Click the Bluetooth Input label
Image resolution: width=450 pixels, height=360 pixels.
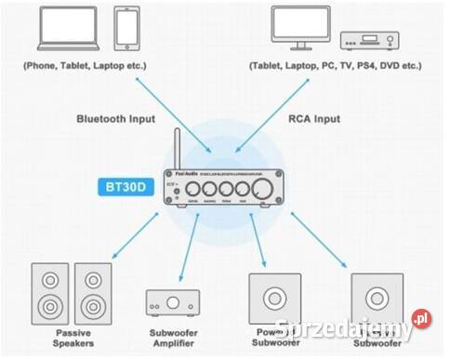pos(115,119)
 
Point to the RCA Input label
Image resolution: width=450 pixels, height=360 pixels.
pos(314,119)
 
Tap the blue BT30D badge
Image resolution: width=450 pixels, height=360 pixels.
pos(125,186)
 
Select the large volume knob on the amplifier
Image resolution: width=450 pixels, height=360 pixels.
pos(266,189)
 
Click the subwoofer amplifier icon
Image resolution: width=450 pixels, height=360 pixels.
pos(172,302)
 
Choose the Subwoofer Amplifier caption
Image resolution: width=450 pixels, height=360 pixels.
pos(173,338)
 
